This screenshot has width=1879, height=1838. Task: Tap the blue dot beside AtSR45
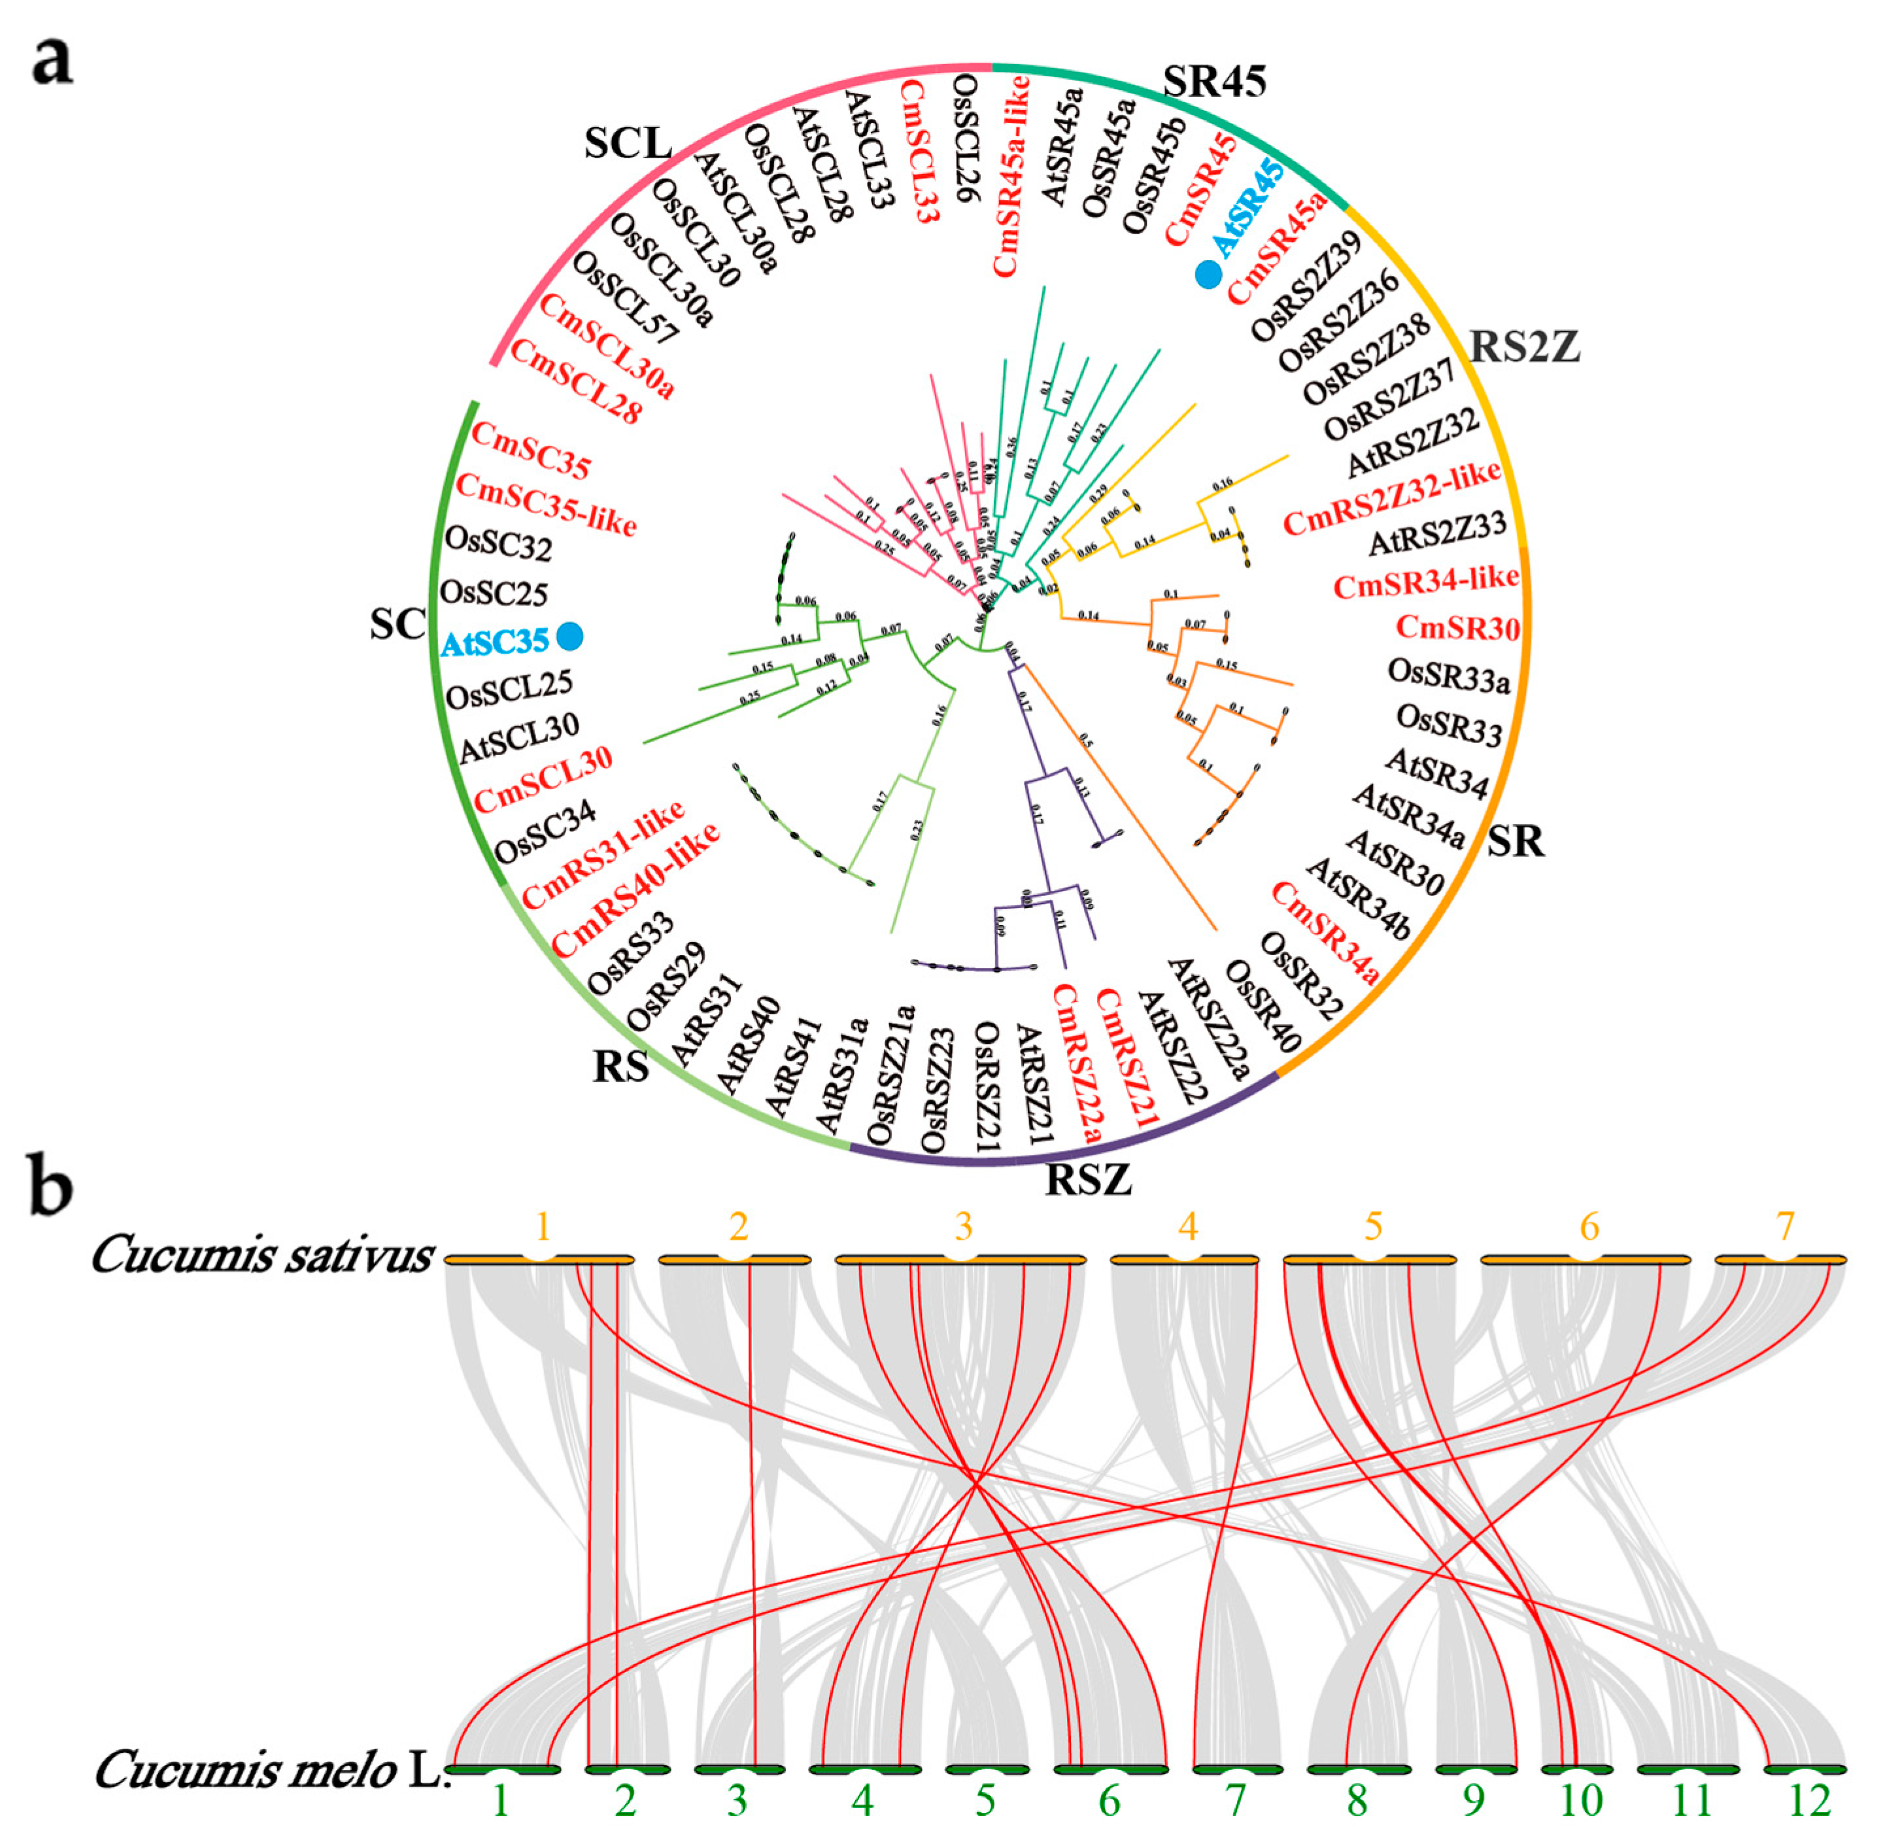point(1208,274)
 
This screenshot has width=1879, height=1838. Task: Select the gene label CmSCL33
point(919,152)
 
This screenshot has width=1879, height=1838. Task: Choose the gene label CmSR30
point(1457,627)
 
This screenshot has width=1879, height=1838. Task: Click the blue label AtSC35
point(494,642)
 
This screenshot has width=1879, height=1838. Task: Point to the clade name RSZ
point(1088,1180)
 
